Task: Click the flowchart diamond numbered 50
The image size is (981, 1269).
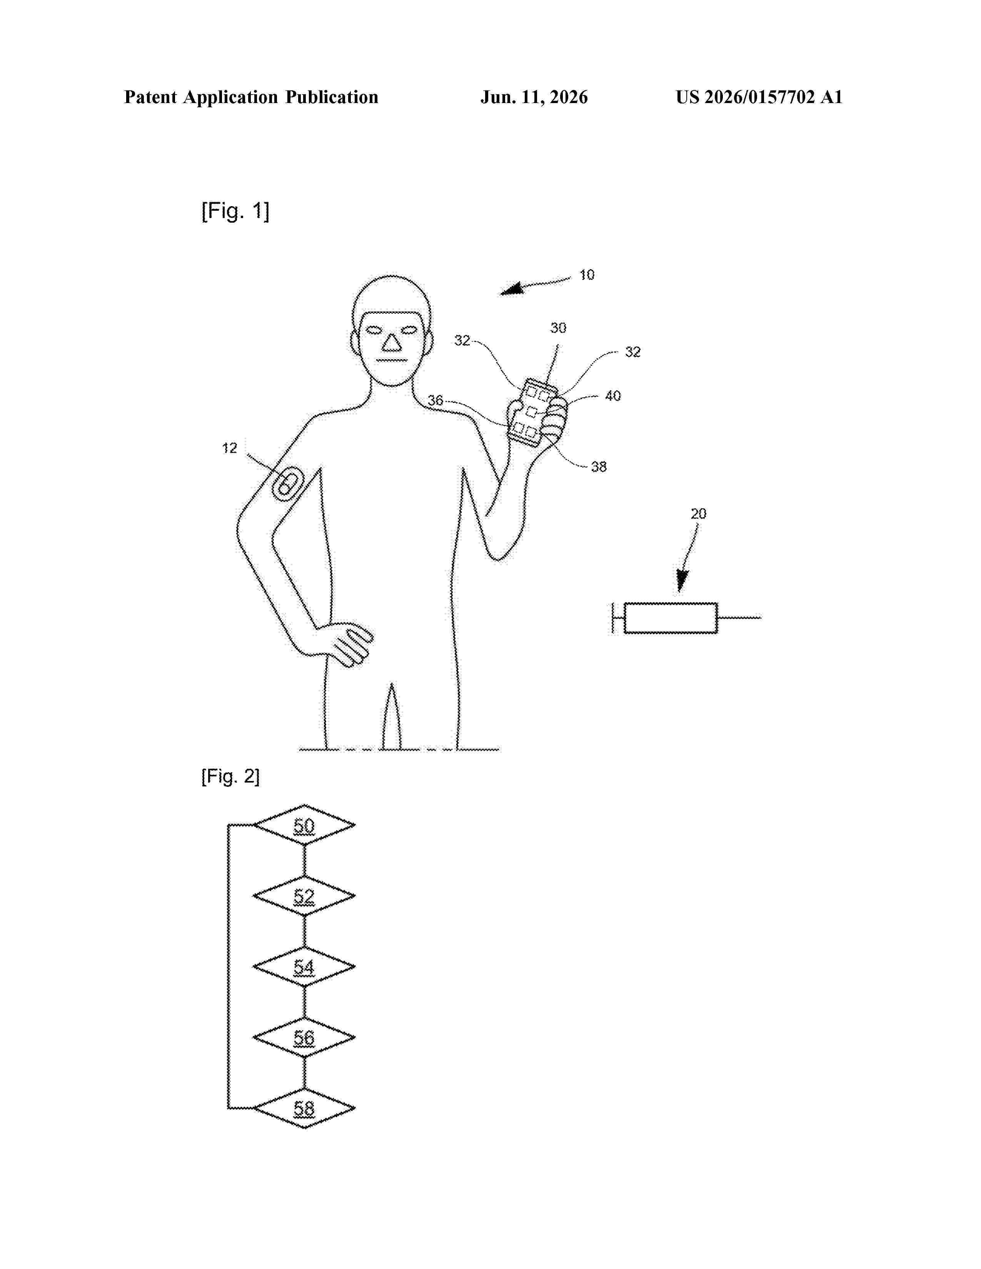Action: tap(304, 825)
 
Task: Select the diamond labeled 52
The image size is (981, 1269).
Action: tap(304, 896)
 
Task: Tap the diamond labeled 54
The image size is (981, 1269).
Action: tap(304, 967)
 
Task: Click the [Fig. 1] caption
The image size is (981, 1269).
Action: tap(235, 210)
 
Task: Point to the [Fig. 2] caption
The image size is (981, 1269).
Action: tap(230, 776)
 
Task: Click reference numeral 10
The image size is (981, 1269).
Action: tap(587, 275)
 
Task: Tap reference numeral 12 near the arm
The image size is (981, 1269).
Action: tap(230, 448)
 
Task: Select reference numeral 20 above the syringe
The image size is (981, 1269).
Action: tap(699, 514)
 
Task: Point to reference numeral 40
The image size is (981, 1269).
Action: tap(613, 396)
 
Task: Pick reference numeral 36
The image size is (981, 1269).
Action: tap(435, 400)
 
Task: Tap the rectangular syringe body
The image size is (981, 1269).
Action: tap(671, 618)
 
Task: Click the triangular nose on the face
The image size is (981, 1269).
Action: tap(392, 343)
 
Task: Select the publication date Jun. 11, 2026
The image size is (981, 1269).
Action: tap(534, 97)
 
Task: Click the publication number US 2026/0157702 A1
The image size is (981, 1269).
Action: tap(759, 97)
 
